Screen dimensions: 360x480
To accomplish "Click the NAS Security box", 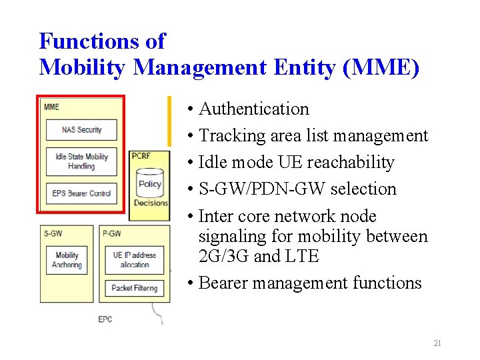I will tap(81, 129).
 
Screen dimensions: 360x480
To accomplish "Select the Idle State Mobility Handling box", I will tap(81, 161).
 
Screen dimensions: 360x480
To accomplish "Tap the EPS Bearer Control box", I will tap(81, 193).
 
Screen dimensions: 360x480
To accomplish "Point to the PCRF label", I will tap(141, 155).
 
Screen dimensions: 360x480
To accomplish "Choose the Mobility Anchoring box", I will tap(67, 260).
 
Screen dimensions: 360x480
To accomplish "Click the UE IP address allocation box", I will tap(135, 260).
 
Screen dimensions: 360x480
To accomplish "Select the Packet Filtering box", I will tap(135, 288).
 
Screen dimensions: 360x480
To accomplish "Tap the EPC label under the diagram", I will tap(105, 319).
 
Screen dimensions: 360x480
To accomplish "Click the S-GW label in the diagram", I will tap(53, 233).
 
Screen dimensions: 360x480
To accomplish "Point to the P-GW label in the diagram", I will tap(111, 233).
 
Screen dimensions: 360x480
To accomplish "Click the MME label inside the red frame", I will tap(51, 107).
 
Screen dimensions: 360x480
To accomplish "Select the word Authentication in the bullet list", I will tap(254, 109).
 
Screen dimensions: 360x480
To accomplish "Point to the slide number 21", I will tap(437, 343).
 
